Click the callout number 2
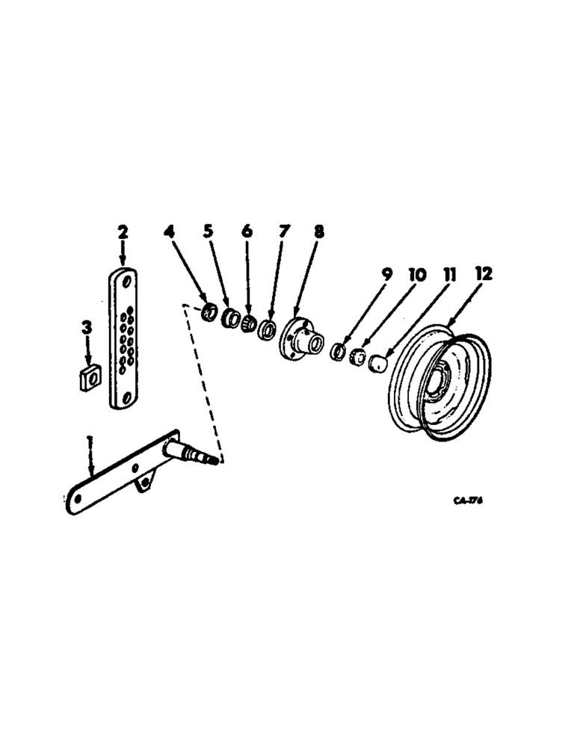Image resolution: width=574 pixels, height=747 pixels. click(123, 232)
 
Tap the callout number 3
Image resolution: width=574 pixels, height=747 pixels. click(88, 328)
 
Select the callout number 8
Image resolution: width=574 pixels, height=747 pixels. click(319, 232)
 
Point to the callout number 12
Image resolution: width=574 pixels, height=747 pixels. click(483, 273)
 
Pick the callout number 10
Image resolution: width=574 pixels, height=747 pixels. click(416, 274)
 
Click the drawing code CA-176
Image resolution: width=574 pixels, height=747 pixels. click(468, 501)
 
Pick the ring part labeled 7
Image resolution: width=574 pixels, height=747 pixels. click(267, 329)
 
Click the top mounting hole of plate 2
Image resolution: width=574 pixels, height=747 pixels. click(125, 280)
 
